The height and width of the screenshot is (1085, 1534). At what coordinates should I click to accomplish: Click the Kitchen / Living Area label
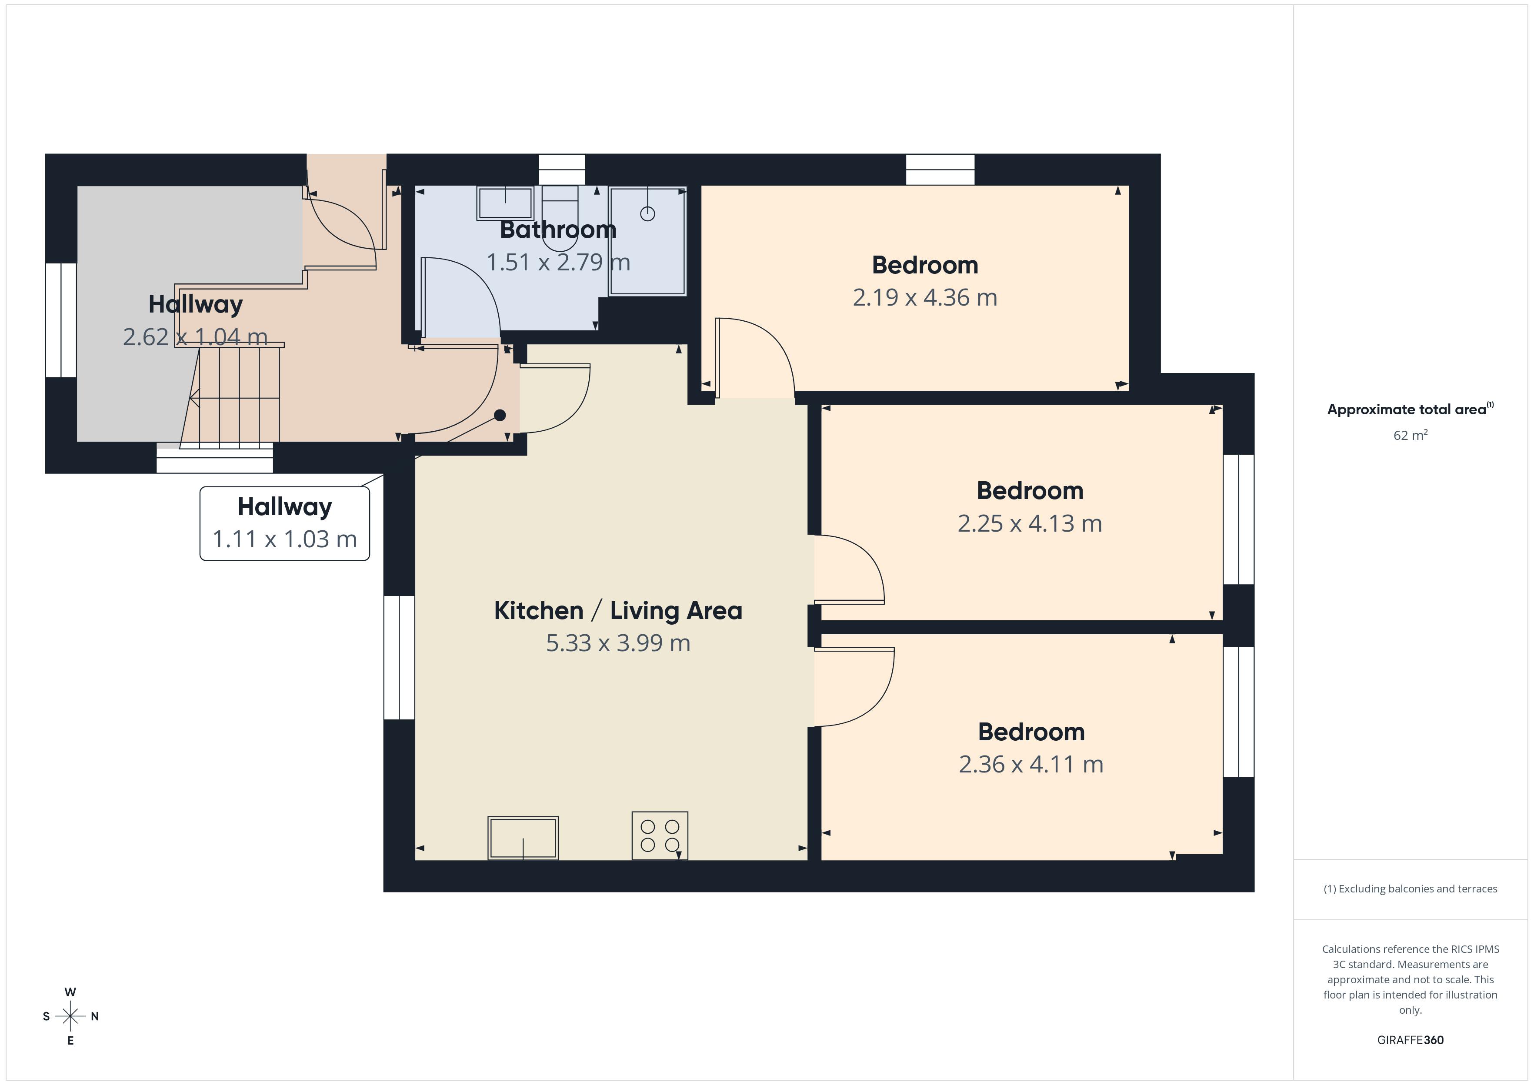coord(618,611)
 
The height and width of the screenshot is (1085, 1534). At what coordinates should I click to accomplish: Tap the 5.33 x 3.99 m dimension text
coord(618,643)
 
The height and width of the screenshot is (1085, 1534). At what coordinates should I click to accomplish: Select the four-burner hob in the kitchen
coord(660,835)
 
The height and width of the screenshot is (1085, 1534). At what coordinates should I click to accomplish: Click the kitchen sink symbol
coord(523,837)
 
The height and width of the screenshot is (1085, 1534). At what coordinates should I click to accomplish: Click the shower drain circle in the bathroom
coord(647,214)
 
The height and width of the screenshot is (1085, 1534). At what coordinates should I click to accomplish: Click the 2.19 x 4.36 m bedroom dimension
coord(925,297)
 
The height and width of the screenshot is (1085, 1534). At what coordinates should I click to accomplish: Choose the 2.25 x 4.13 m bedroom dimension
coord(1030,523)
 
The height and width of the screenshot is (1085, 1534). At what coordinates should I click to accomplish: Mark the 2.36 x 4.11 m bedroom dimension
coord(1031,764)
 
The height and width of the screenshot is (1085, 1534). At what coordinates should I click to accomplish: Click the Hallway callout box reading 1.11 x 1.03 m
coord(285,523)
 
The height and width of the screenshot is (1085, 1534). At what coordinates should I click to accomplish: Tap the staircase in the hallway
coord(234,397)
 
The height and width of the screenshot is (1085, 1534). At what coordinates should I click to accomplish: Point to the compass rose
coord(70,1016)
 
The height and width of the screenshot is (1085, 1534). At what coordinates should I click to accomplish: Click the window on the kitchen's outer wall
coord(399,657)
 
